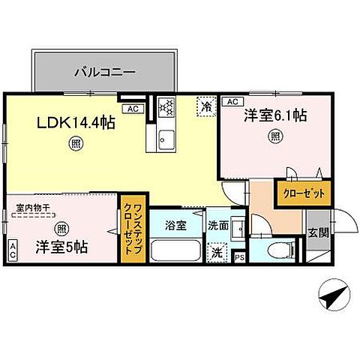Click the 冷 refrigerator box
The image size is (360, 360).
204,107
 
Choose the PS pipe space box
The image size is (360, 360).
239,257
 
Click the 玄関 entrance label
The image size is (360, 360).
317,232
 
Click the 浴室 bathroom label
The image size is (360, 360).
173,224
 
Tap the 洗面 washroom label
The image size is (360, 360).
218,224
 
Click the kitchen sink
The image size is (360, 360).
166,138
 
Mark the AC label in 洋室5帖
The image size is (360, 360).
13,250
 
